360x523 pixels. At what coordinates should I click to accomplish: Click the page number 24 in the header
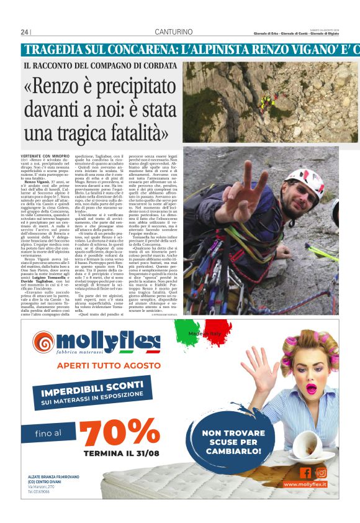click(x=24, y=32)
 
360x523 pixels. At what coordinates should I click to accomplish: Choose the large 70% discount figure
click(x=122, y=432)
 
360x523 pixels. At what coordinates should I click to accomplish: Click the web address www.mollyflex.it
click(x=305, y=484)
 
